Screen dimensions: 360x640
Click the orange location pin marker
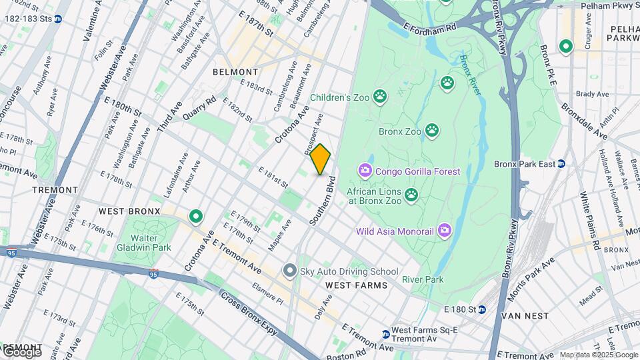click(320, 159)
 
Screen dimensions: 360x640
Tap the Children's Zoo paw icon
click(380, 97)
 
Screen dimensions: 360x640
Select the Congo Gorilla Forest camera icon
click(365, 171)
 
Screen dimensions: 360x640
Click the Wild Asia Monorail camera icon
click(445, 231)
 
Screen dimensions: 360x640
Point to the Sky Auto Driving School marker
click(289, 271)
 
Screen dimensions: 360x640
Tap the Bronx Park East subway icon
click(561, 164)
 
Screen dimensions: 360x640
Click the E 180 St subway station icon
click(481, 309)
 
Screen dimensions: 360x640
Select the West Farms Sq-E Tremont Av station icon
click(385, 334)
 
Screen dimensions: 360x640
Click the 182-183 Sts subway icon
click(59, 19)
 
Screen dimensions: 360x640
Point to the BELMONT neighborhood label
click(235, 72)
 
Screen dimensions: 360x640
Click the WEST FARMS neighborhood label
click(356, 285)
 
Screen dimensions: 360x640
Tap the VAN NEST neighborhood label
click(525, 315)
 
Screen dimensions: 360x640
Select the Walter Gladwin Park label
click(144, 243)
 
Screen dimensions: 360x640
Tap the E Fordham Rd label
click(430, 27)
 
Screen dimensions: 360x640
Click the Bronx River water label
click(470, 75)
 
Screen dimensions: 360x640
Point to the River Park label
click(423, 279)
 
